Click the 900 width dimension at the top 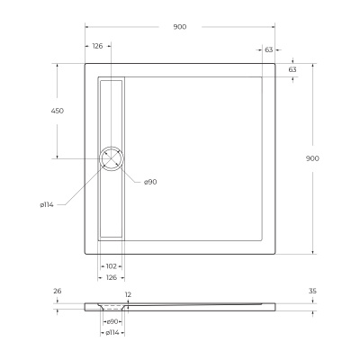tap(180, 27)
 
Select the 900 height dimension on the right tap(312, 158)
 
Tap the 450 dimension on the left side tap(57, 111)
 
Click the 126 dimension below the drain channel tap(112, 278)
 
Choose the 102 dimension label tap(112, 266)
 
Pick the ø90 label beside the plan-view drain tap(150, 182)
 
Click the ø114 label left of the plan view tap(47, 205)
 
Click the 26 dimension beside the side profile tap(58, 291)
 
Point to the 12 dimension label tap(128, 294)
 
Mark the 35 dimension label tap(312, 292)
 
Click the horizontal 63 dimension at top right tap(269, 50)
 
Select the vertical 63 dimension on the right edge tap(292, 69)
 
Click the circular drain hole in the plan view tap(114, 158)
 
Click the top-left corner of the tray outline tap(85, 63)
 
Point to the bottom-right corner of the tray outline tap(275, 253)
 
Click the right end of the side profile tap(274, 304)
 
